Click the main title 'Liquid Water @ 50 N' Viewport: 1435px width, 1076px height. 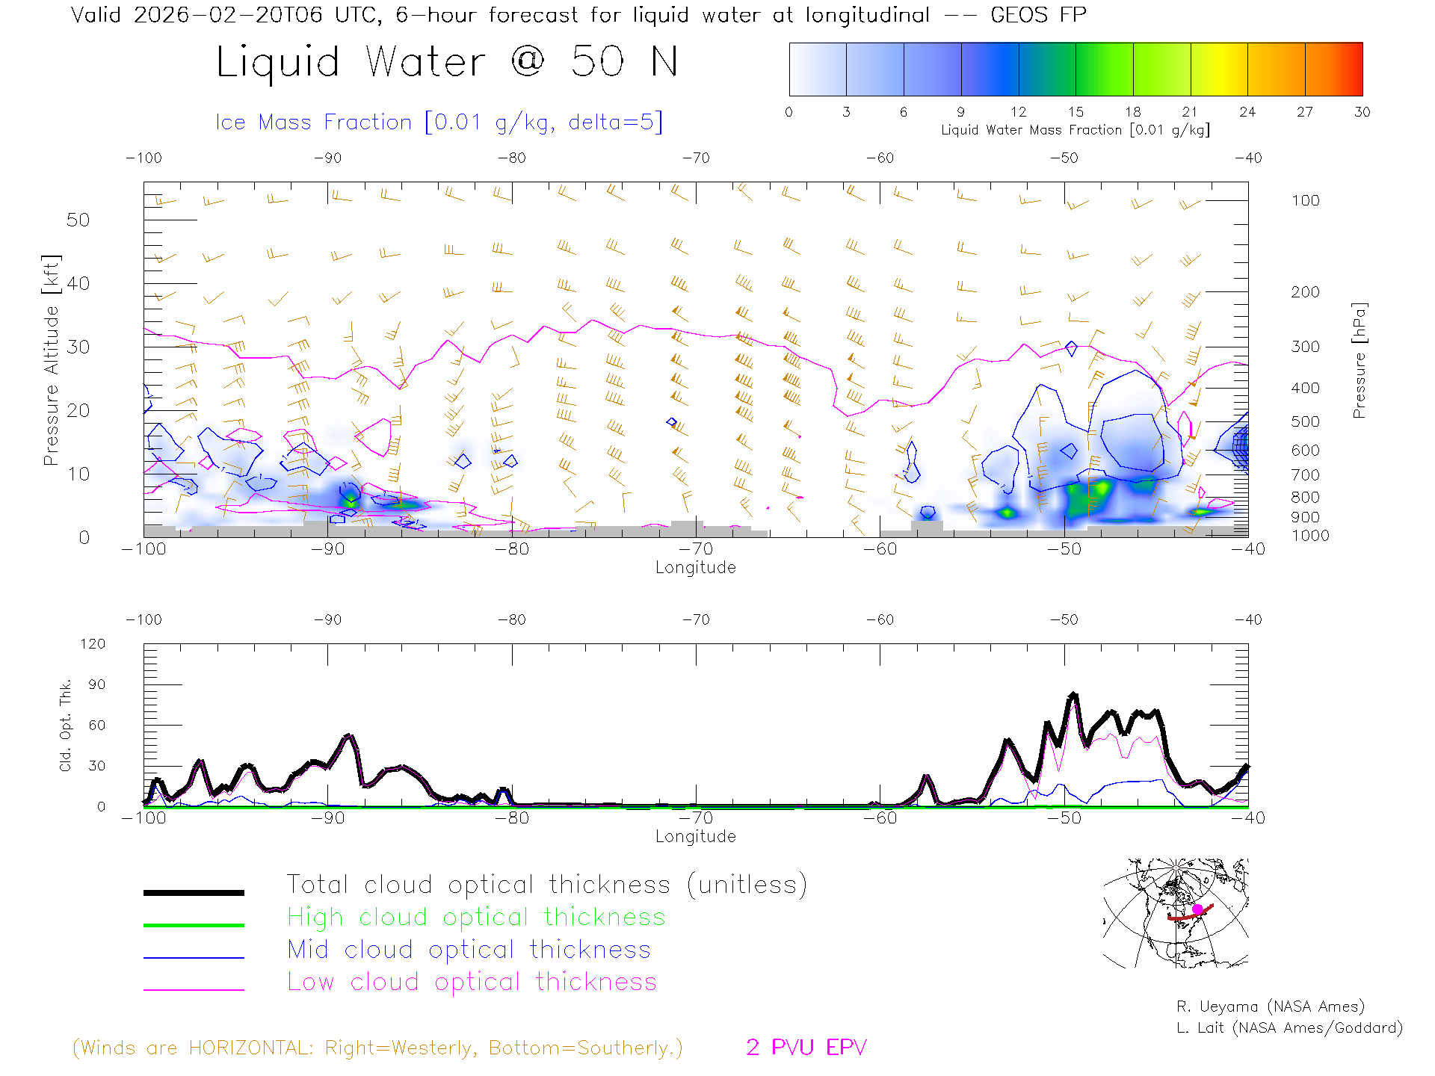coord(447,61)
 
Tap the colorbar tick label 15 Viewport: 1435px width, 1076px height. coord(1076,112)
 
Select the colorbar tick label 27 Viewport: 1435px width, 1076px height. coord(1305,112)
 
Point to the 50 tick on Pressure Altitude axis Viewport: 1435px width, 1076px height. coord(78,220)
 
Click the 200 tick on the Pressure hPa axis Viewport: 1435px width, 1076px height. coord(1305,292)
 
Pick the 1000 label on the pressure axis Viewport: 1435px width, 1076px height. coord(1310,536)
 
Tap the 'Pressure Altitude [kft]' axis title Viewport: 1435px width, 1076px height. coord(51,360)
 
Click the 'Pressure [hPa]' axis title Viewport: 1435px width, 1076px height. coord(1360,360)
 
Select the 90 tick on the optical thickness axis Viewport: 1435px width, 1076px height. coord(96,684)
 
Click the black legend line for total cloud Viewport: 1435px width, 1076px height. coord(194,892)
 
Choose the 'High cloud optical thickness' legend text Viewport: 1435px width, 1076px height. coord(476,917)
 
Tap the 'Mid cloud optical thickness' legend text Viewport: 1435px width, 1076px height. coord(469,950)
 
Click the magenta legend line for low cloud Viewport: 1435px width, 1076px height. coord(194,989)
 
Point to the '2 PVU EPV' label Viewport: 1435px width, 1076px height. coord(806,1048)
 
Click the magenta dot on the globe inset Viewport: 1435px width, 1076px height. coord(1197,909)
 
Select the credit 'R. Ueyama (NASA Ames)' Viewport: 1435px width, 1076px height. coord(1270,1007)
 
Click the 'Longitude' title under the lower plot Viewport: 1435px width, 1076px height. coord(695,837)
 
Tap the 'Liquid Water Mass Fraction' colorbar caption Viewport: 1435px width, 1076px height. coord(1075,130)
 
